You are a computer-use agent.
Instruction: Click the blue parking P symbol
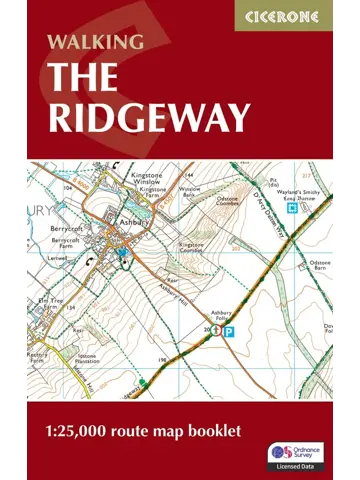pos(229,330)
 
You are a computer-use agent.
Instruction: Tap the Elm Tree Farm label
pos(50,305)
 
